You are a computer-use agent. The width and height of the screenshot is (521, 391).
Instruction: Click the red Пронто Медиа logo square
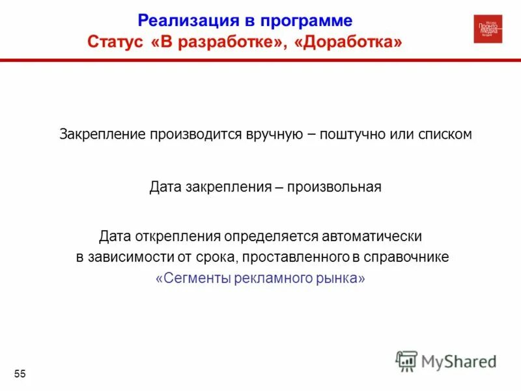tap(488, 29)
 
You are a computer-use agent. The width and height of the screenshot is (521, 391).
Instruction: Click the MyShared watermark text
tap(458, 361)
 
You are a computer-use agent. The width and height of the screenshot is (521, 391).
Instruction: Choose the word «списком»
tap(445, 135)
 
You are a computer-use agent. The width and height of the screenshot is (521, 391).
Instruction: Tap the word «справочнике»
tap(410, 257)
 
